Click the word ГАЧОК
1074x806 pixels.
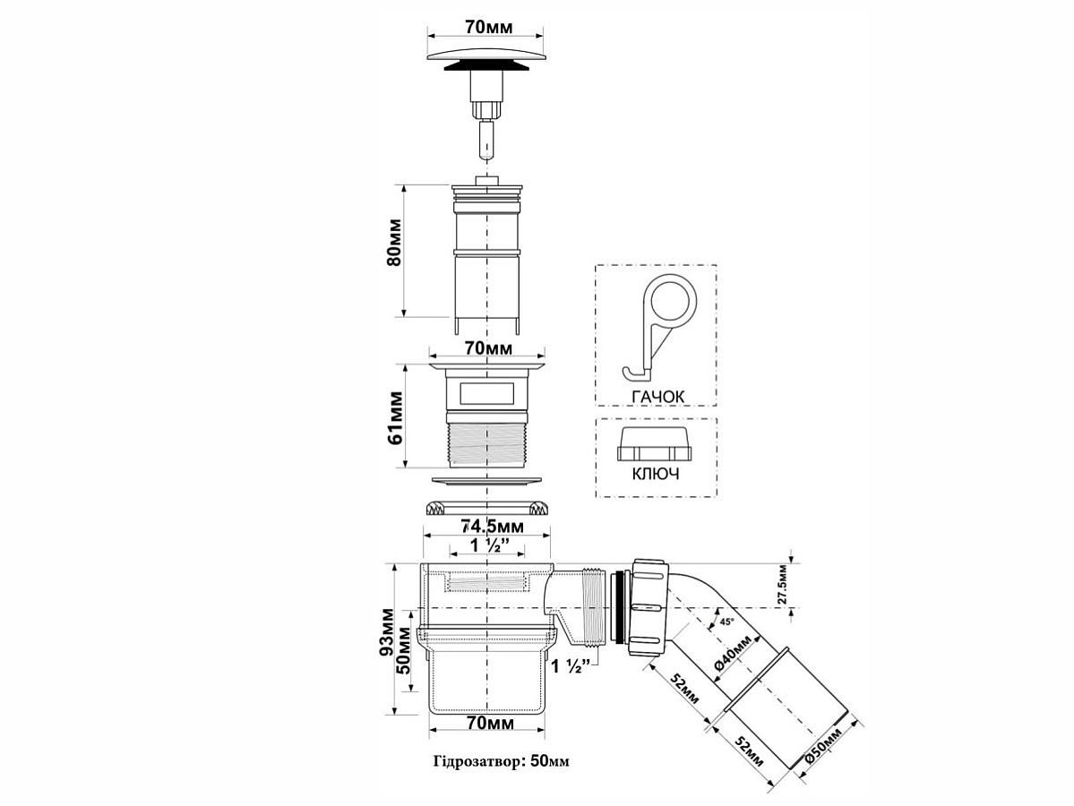657,397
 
